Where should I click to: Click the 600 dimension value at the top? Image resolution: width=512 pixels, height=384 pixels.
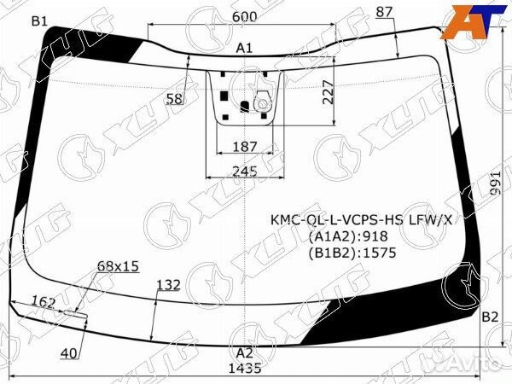[245, 16]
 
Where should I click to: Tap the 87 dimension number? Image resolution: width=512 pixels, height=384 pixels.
[384, 13]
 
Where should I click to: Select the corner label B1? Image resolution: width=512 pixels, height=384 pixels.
[39, 21]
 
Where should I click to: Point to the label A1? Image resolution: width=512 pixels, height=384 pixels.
[244, 49]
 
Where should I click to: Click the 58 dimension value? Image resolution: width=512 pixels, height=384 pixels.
[174, 99]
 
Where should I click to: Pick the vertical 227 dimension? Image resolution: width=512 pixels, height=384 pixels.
[328, 92]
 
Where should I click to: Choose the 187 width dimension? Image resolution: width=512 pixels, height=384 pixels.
[245, 147]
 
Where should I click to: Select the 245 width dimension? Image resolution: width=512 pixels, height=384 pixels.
[245, 172]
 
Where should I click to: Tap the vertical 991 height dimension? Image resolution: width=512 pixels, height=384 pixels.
[495, 183]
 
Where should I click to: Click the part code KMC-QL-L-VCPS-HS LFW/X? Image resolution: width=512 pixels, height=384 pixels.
[362, 220]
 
